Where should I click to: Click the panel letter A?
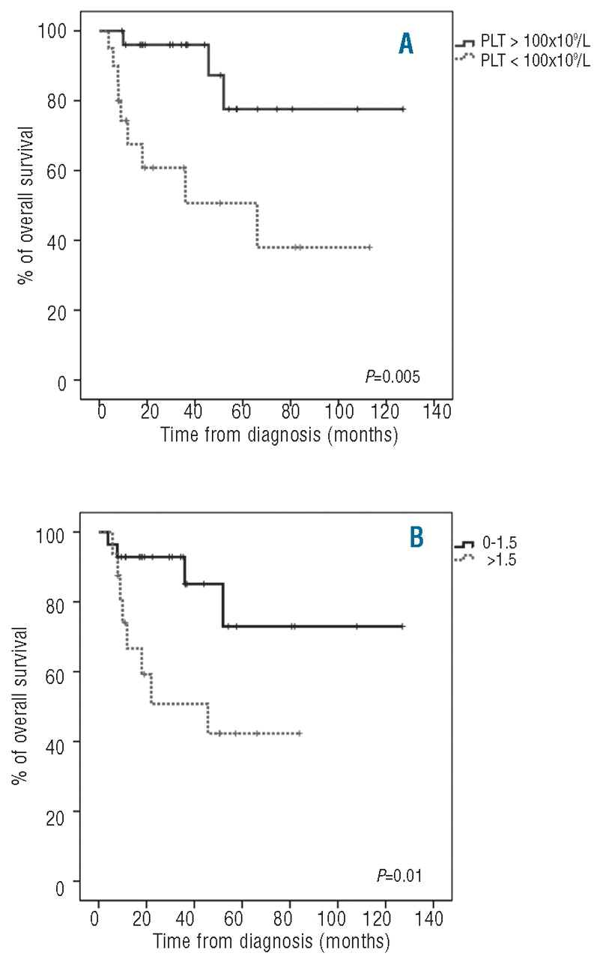[x=405, y=44]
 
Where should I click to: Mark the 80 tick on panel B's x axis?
[x=289, y=918]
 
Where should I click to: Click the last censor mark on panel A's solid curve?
[x=403, y=109]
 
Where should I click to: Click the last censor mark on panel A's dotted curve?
[x=369, y=247]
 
